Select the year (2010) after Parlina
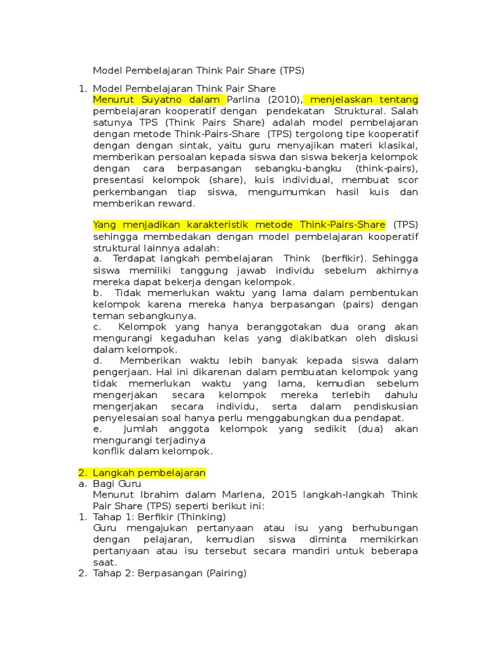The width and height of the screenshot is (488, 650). point(284,100)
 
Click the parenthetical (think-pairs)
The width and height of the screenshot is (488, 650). point(386,169)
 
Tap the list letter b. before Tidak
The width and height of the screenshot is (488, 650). point(98,293)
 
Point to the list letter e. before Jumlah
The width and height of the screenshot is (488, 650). point(97,429)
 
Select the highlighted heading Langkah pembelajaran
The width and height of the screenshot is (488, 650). point(149,474)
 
